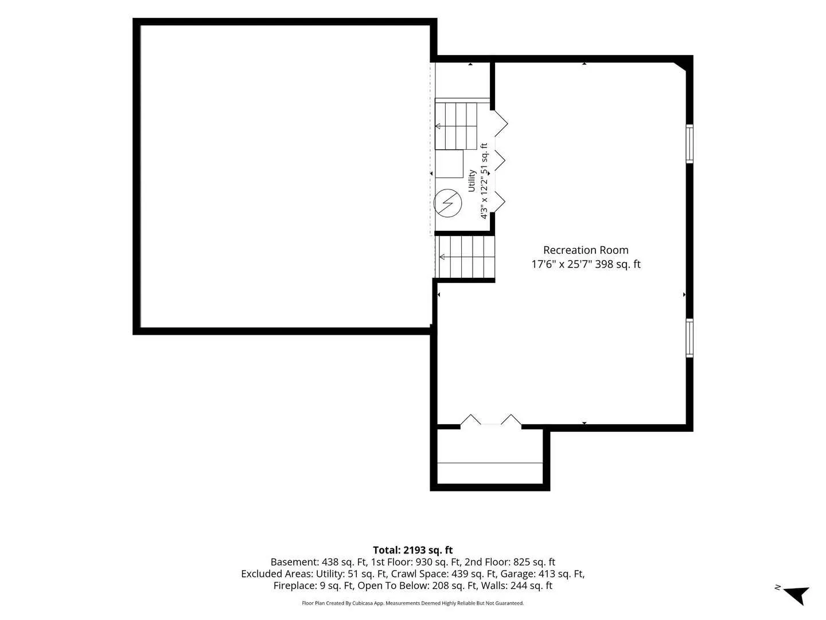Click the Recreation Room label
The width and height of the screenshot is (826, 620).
[x=586, y=250]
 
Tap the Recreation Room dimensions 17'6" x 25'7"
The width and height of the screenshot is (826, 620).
[x=562, y=264]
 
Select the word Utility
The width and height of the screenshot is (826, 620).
[x=472, y=181]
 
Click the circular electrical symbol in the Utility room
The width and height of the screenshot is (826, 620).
[x=447, y=203]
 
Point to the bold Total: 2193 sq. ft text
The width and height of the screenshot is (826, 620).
[x=412, y=550]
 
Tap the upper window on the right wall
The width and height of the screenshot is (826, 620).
[x=689, y=144]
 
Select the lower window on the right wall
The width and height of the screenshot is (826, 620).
[x=689, y=338]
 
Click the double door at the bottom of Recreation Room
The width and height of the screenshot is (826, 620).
[x=490, y=420]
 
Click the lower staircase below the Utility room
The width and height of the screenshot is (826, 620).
[x=465, y=257]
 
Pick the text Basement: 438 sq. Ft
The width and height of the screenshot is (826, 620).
[x=318, y=562]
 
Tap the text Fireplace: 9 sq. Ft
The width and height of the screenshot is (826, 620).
[x=314, y=586]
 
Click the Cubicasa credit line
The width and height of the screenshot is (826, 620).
[x=412, y=603]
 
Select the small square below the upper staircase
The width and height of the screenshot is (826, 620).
[x=449, y=164]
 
